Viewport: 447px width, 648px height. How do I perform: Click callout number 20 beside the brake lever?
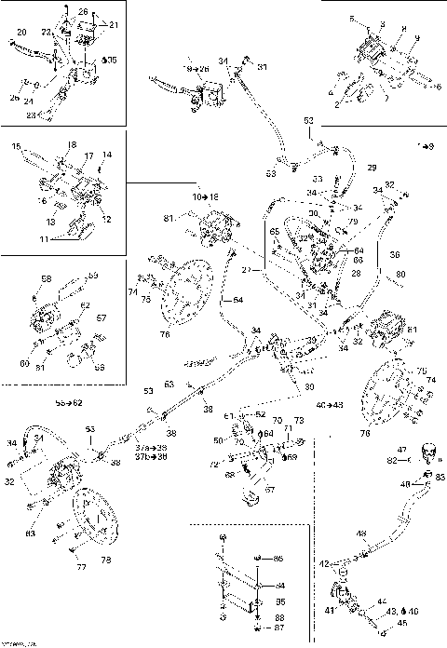[x=20, y=33]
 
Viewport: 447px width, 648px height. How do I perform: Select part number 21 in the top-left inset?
[x=114, y=23]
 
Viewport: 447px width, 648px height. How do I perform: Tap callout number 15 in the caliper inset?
[x=16, y=147]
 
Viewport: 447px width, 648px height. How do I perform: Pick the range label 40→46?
[x=329, y=406]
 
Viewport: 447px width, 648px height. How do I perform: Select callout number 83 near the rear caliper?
[x=31, y=533]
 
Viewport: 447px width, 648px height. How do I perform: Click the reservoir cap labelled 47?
[x=429, y=453]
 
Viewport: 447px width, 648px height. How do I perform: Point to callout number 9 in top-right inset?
[x=418, y=37]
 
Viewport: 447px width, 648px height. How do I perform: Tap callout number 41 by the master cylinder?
[x=329, y=609]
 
